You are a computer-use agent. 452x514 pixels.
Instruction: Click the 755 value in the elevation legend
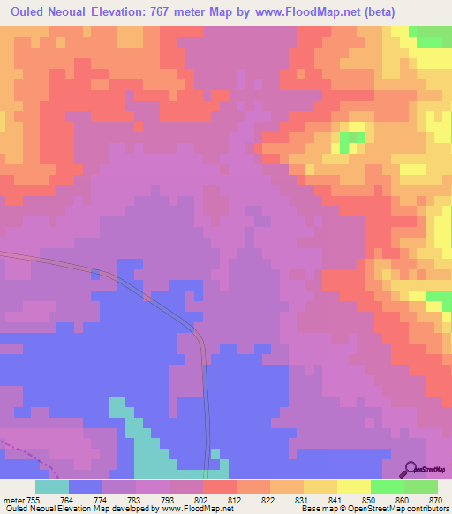34,500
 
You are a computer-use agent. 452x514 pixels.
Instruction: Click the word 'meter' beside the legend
12,500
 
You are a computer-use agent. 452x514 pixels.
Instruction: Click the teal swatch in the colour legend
52,487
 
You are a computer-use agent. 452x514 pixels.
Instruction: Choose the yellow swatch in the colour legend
354,487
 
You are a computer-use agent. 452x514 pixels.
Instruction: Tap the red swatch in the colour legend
220,487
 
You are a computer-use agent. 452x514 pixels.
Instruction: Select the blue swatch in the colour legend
86,487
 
